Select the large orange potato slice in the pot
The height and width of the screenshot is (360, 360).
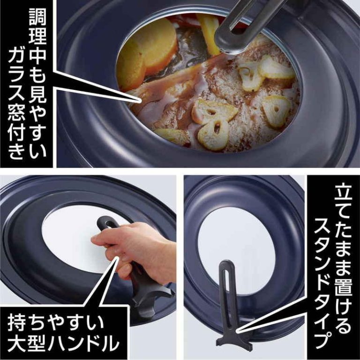pos(147,53)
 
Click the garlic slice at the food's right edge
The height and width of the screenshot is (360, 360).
pos(276,110)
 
